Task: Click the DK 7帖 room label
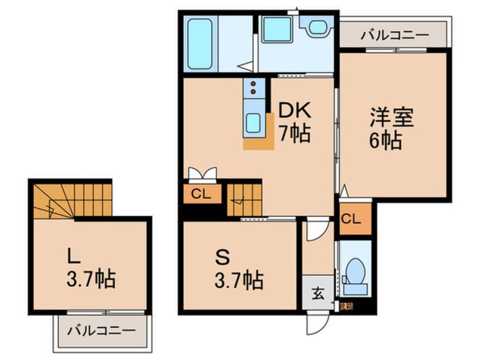coord(294,123)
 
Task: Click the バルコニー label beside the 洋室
coord(395,36)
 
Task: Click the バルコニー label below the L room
coord(102,330)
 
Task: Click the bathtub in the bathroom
coord(199,44)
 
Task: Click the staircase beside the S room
coord(244,199)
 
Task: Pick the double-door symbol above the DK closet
coord(202,173)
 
